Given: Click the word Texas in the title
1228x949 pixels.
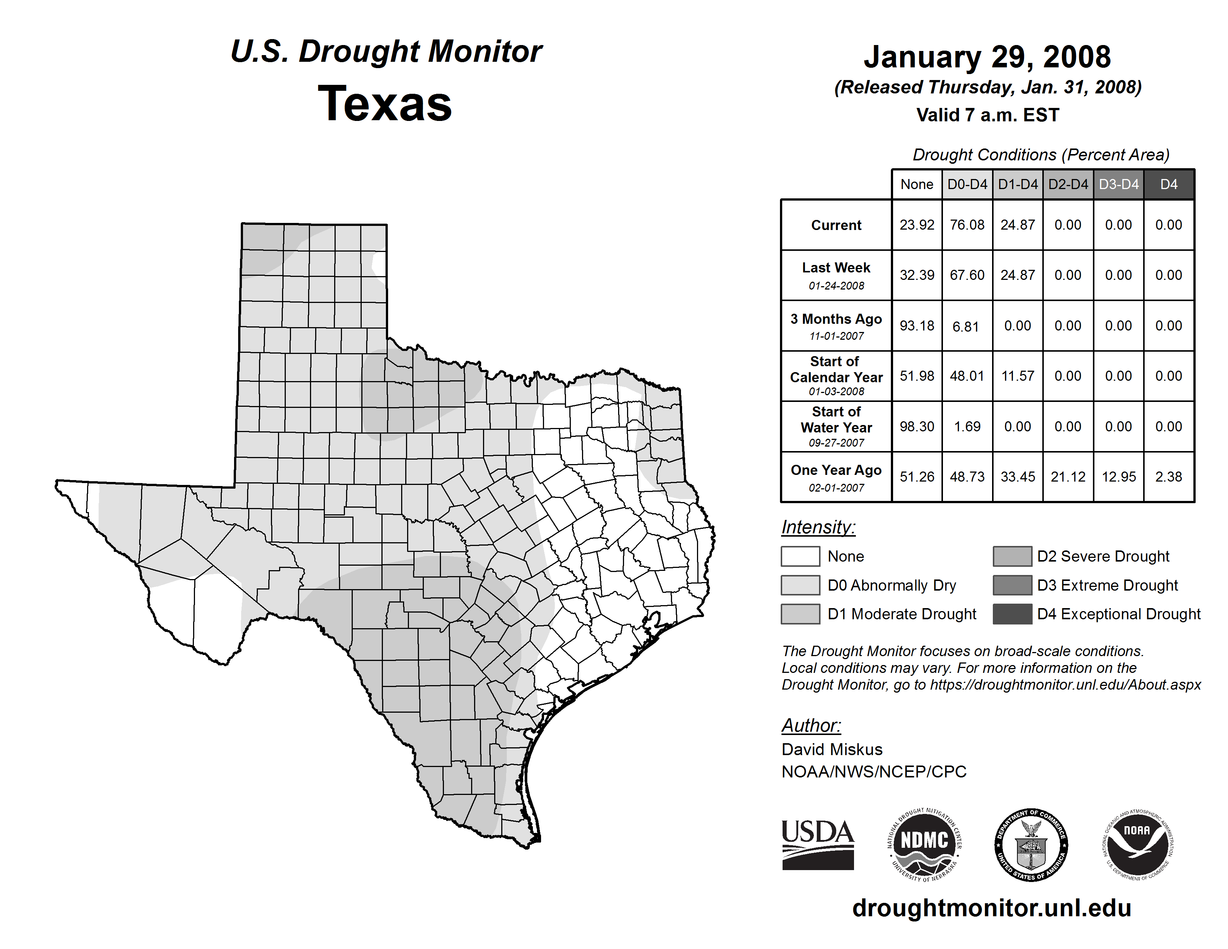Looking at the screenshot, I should click(x=385, y=104).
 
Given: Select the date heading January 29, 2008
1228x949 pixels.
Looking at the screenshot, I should click(x=987, y=57).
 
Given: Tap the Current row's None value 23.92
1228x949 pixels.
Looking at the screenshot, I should click(x=917, y=225).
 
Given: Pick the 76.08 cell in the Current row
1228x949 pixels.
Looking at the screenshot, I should click(x=967, y=225).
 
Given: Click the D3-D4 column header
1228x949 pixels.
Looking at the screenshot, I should click(x=1118, y=184).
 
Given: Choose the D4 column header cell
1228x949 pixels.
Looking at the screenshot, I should click(x=1168, y=184).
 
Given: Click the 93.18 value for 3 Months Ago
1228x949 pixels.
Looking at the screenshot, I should click(x=917, y=326).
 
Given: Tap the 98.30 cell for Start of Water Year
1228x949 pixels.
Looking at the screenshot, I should click(x=917, y=426).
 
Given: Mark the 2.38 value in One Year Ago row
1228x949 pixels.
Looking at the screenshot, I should click(x=1168, y=477).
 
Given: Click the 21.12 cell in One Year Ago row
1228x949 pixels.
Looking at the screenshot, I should click(x=1068, y=477).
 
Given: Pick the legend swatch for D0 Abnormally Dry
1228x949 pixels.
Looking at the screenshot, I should click(x=800, y=585).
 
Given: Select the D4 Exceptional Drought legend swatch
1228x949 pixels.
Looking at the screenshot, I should click(x=1012, y=614).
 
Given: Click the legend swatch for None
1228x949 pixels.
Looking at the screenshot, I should click(x=800, y=556).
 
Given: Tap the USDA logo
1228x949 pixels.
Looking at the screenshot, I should click(x=818, y=844).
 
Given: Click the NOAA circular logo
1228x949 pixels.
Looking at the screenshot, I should click(x=1137, y=844).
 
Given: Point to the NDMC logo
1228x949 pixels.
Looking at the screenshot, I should click(x=924, y=844).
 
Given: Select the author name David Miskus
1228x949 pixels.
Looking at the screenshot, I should click(x=832, y=750).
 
